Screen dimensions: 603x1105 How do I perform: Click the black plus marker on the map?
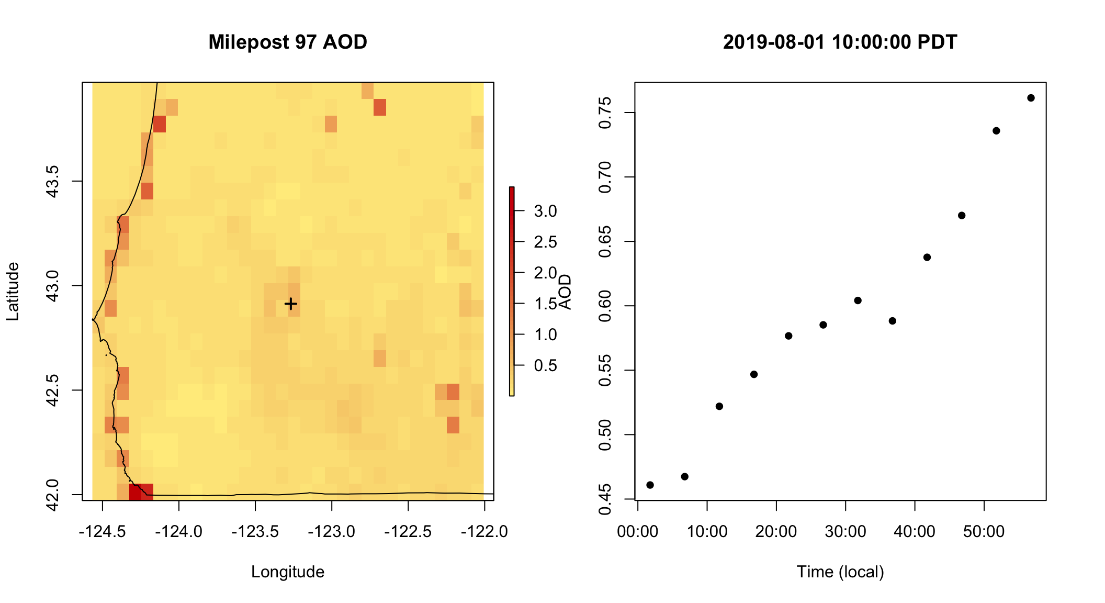(291, 304)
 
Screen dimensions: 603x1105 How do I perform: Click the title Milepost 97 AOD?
(288, 42)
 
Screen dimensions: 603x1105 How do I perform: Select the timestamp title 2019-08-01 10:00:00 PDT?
(840, 42)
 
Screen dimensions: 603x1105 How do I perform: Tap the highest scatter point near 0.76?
(1031, 98)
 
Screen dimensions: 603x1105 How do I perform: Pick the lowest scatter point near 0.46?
(650, 485)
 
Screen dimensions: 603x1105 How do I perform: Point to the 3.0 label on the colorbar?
(545, 211)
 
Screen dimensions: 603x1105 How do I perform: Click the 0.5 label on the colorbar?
(545, 365)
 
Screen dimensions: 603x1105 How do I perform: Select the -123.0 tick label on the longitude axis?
(332, 532)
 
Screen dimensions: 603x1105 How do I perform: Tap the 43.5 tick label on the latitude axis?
(53, 181)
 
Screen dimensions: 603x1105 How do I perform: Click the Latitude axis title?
(13, 292)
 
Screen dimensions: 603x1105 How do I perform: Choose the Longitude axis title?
(288, 572)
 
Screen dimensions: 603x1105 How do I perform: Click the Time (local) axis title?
(840, 572)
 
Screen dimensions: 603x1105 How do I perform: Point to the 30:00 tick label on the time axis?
(845, 532)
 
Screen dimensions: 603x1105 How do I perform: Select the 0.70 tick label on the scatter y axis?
(605, 177)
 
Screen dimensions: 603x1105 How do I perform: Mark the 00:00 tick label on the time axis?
(638, 532)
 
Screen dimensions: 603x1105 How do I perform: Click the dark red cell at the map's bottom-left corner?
(136, 492)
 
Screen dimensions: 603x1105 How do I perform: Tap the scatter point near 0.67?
(962, 216)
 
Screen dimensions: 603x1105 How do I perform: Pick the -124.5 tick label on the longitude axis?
(103, 532)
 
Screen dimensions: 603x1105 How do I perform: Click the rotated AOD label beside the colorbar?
(565, 292)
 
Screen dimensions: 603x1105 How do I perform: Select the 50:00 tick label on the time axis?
(984, 532)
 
